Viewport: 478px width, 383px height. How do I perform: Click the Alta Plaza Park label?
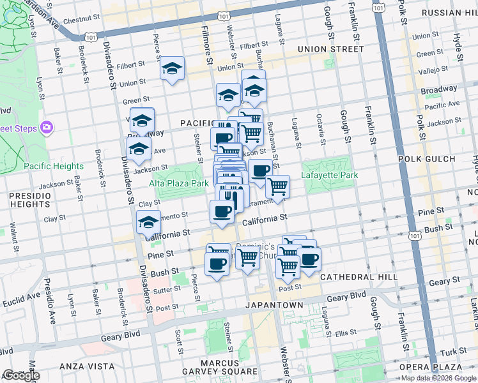179,183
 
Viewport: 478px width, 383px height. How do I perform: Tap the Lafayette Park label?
330,175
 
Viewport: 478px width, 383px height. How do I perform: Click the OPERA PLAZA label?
430,367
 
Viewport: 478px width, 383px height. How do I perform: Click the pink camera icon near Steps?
46,128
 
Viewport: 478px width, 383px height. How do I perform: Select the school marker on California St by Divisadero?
148,223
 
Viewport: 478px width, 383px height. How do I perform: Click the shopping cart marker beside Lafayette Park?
277,186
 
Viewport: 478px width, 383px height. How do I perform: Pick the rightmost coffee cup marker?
309,259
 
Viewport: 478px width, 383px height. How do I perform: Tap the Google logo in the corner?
21,375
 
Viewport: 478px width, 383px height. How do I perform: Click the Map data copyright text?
438,378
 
